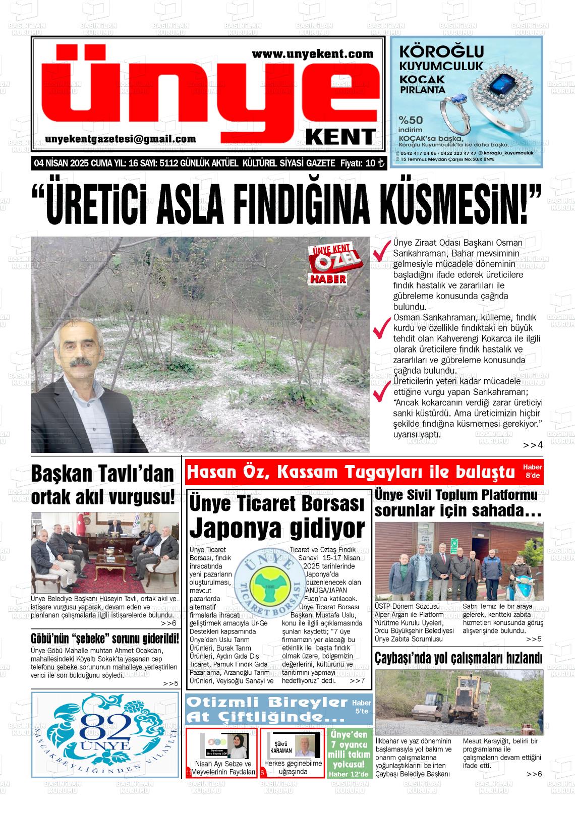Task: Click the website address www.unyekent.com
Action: (312, 53)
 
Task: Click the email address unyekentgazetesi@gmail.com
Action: (120, 139)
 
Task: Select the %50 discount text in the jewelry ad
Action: (411, 120)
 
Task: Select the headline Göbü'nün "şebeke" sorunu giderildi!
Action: (105, 638)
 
